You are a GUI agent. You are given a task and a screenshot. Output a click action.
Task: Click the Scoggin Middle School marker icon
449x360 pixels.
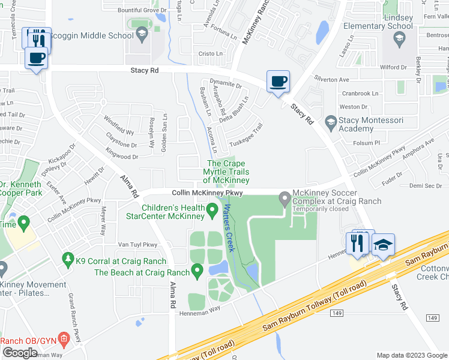[142, 35]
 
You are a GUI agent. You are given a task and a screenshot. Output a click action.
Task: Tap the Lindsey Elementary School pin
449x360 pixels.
[399, 39]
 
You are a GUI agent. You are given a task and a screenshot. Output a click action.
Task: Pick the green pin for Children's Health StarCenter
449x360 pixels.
[212, 210]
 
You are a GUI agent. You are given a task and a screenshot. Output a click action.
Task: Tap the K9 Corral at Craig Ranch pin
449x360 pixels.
[67, 260]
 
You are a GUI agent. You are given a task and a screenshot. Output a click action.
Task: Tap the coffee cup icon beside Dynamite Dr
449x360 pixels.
[278, 81]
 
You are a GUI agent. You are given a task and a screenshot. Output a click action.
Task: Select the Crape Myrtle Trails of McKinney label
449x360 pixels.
[226, 172]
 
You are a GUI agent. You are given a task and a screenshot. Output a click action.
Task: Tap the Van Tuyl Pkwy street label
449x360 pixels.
[137, 244]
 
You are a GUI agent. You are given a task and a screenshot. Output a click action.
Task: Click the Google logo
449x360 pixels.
[20, 353]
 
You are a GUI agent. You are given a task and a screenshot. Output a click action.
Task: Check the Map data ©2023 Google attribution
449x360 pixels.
[411, 355]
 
